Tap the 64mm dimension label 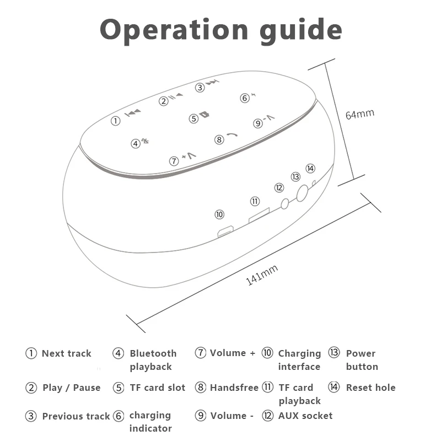pyautogui.click(x=359, y=114)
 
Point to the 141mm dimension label pyautogui.click(x=262, y=274)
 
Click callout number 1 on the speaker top pyautogui.click(x=116, y=121)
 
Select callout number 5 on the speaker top pyautogui.click(x=193, y=118)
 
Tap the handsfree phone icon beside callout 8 pyautogui.click(x=233, y=136)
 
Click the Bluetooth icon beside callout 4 pyautogui.click(x=145, y=141)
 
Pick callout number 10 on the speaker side pyautogui.click(x=219, y=214)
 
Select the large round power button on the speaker pyautogui.click(x=302, y=193)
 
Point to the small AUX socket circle pyautogui.click(x=284, y=203)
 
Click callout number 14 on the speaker pyautogui.click(x=310, y=168)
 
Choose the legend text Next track pyautogui.click(x=66, y=353)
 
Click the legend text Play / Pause pyautogui.click(x=72, y=388)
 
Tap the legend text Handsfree pyautogui.click(x=234, y=388)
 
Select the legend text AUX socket pyautogui.click(x=305, y=416)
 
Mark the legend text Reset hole pyautogui.click(x=370, y=388)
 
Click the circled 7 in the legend pyautogui.click(x=201, y=353)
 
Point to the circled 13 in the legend pyautogui.click(x=334, y=353)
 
